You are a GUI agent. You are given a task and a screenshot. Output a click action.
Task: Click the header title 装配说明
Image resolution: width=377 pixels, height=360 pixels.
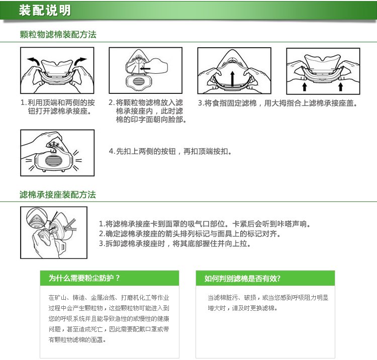45,11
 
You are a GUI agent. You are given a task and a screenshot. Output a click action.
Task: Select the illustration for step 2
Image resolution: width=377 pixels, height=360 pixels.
145,71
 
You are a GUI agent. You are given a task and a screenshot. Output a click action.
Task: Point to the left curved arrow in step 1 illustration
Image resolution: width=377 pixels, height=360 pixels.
34,61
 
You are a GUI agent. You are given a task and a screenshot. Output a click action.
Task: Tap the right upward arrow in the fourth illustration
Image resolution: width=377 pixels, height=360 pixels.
341,86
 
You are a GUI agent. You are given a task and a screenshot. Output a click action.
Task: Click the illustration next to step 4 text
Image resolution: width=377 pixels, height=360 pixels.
57,153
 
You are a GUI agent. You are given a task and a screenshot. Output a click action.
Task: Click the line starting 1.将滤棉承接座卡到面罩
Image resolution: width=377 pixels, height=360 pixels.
205,224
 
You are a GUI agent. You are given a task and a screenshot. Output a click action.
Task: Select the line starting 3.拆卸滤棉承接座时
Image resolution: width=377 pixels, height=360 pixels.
174,244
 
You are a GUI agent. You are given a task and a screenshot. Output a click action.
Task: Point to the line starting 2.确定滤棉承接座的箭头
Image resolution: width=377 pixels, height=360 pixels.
190,234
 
